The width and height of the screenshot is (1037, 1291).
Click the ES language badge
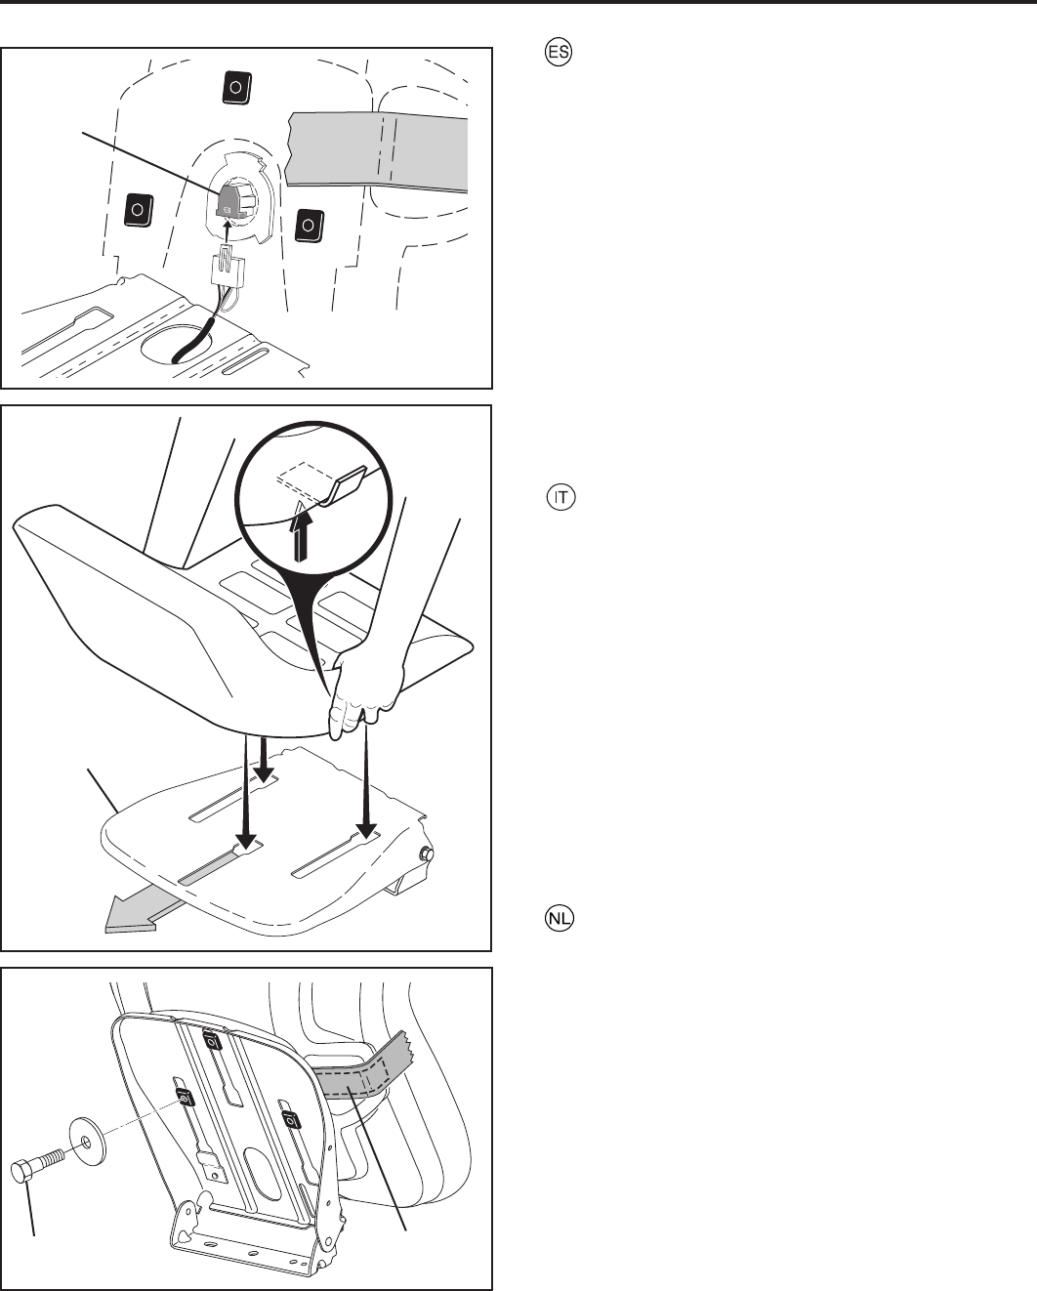559,52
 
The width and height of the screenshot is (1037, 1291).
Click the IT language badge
560,498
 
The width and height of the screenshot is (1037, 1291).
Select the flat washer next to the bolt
88,1141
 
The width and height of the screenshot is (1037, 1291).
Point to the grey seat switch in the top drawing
229,200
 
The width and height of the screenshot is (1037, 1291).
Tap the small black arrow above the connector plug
227,230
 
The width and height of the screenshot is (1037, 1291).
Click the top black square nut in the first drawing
236,88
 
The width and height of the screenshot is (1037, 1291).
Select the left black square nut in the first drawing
138,210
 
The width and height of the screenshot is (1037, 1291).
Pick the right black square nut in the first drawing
309,226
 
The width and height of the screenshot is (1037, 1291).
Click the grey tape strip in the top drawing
377,150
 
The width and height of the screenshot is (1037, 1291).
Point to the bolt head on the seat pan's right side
428,853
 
